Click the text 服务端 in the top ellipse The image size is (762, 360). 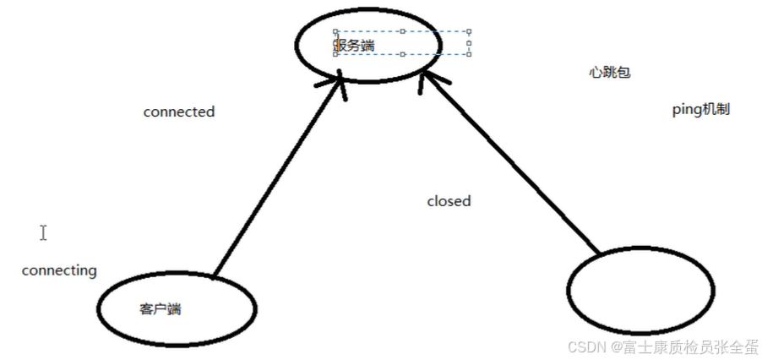tap(354, 46)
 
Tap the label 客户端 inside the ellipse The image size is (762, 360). tap(160, 308)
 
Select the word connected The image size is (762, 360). tap(179, 112)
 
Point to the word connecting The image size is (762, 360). tap(59, 270)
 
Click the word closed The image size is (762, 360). tap(449, 201)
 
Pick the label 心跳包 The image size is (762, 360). tap(610, 73)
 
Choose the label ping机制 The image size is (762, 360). tap(700, 110)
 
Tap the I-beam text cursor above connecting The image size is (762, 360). tap(43, 232)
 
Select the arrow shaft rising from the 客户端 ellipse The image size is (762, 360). tap(275, 182)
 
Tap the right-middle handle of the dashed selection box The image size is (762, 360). tap(469, 43)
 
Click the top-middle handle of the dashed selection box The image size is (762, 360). tap(403, 31)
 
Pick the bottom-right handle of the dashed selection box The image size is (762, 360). tap(469, 54)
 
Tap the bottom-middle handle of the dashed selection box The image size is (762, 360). tap(403, 54)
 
